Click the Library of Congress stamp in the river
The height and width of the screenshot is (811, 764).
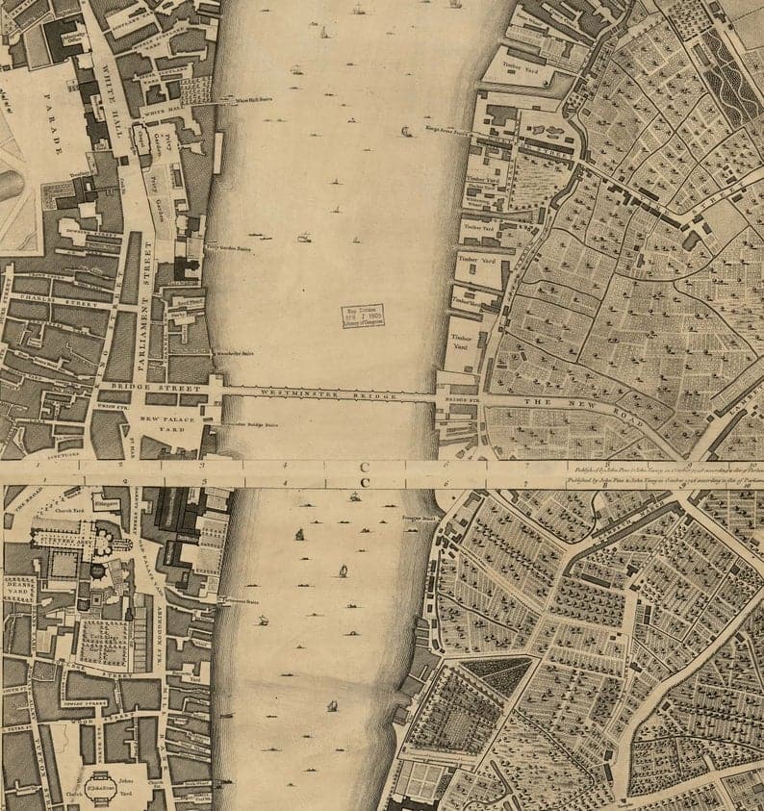362,317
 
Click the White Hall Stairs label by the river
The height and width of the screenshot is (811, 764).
242,99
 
